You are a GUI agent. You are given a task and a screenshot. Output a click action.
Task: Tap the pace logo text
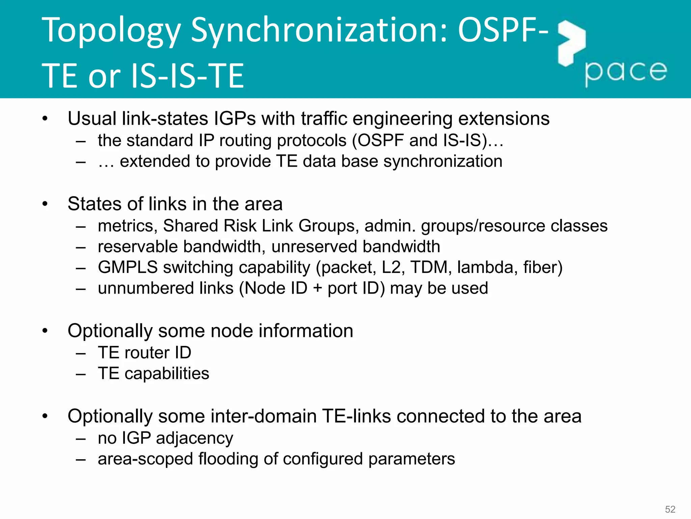click(x=626, y=72)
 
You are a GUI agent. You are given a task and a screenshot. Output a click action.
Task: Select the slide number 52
click(x=670, y=509)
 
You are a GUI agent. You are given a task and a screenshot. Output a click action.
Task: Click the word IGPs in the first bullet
click(x=235, y=119)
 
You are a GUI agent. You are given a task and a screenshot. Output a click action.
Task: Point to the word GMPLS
click(x=128, y=268)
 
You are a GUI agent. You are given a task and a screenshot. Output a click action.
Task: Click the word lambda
click(x=485, y=268)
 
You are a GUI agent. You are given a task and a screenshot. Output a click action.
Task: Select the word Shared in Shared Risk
click(x=190, y=226)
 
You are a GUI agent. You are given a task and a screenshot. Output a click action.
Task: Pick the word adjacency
click(x=194, y=439)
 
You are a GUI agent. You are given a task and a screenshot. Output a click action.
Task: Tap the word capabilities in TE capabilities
click(x=167, y=374)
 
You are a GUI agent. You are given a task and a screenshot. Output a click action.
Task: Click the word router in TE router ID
click(x=147, y=353)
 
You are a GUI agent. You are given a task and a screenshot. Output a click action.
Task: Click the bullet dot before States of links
click(x=45, y=204)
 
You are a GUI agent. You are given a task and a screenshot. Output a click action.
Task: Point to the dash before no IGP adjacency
click(x=81, y=439)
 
